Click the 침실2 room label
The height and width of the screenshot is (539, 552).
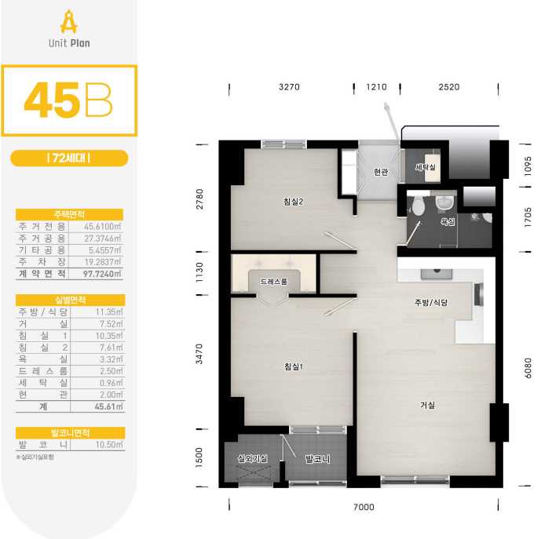click(x=293, y=202)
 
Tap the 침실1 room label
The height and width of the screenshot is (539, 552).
click(x=294, y=366)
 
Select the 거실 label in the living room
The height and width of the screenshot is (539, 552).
click(x=427, y=405)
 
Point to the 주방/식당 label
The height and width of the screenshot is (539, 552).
click(x=431, y=302)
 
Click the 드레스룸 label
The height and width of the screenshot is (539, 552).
click(x=274, y=282)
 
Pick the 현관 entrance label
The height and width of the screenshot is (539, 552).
click(x=381, y=172)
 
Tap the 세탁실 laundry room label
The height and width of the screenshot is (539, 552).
click(x=426, y=167)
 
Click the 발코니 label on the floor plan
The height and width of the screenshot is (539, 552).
click(x=317, y=459)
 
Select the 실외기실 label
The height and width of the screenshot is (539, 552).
click(x=252, y=458)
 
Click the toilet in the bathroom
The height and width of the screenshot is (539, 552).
click(x=418, y=205)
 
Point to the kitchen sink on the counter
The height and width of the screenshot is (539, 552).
click(x=437, y=274)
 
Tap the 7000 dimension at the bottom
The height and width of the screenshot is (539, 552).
click(x=364, y=507)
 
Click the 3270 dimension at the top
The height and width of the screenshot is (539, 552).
click(x=289, y=87)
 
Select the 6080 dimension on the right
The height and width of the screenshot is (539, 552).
click(x=528, y=368)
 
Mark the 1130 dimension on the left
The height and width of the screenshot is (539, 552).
click(x=199, y=272)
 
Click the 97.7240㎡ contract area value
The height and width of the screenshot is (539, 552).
click(x=102, y=273)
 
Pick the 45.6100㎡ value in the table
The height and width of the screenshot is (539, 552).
click(x=102, y=226)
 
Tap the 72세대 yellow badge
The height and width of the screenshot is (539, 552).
click(x=69, y=158)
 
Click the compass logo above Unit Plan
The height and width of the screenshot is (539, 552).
click(x=68, y=22)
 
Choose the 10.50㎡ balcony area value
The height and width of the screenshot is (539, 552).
click(x=109, y=445)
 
